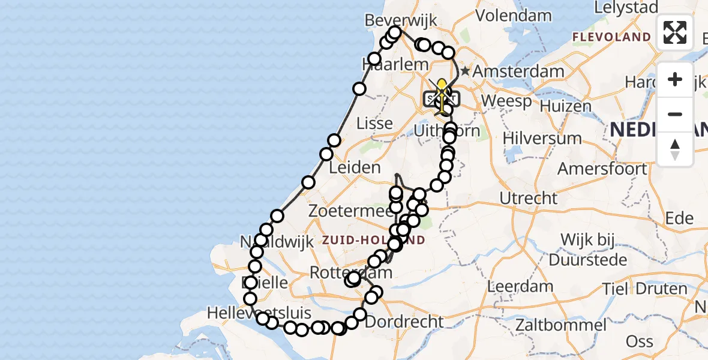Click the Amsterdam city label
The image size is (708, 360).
coord(518,71)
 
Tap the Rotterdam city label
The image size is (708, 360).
coord(350,272)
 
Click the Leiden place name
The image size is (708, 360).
coord(355,167)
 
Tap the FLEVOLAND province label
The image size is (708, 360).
coord(611,37)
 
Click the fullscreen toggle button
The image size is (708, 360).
coord(675,32)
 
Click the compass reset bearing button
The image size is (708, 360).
coord(675,149)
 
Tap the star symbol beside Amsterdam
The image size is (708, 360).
coord(465,71)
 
